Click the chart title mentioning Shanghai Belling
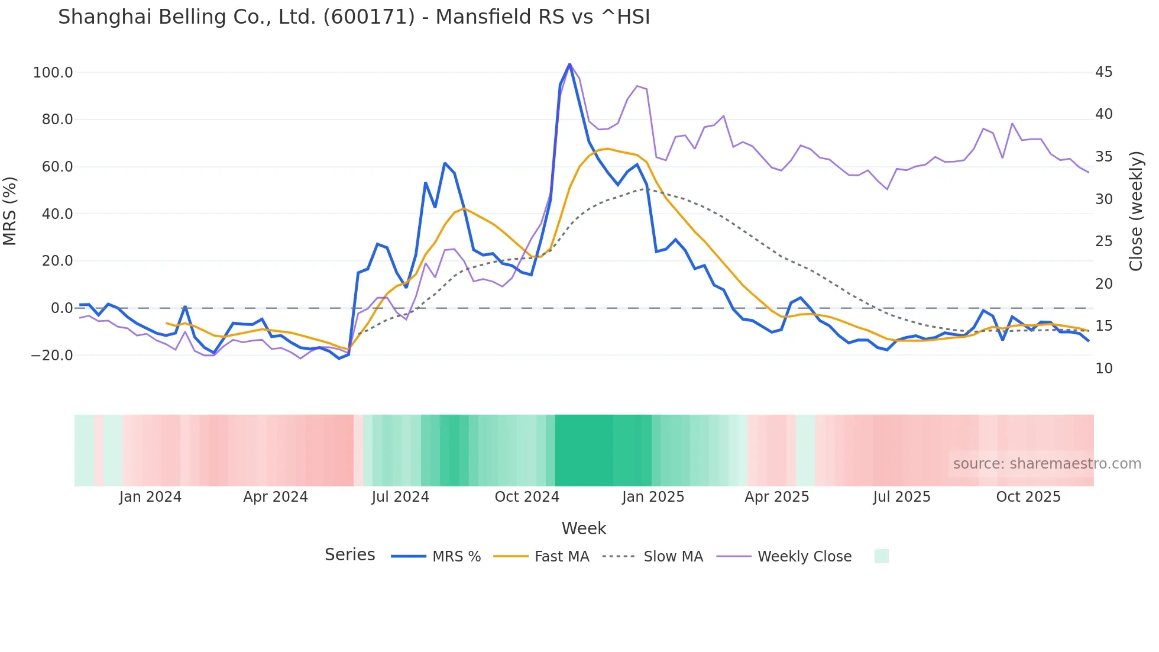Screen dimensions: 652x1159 click(354, 17)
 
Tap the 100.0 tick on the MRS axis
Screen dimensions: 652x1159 click(53, 73)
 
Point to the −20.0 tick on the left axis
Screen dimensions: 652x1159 click(52, 356)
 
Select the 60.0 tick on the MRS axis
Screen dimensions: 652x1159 click(57, 167)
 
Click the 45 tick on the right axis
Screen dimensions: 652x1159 click(1103, 72)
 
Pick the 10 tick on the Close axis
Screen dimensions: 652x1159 click(1103, 369)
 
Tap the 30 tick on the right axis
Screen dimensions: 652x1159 click(1103, 199)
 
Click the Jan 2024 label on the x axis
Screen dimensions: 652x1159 click(150, 497)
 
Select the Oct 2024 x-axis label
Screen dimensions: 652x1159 click(527, 497)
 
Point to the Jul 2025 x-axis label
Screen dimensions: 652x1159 click(902, 497)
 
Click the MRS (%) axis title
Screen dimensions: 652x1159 click(10, 211)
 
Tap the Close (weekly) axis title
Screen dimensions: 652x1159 click(1135, 211)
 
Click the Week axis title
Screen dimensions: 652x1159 click(584, 528)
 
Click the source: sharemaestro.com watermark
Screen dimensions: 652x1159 click(1047, 464)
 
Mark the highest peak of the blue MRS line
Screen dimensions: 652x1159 click(569, 64)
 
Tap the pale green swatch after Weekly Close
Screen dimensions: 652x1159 click(881, 556)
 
